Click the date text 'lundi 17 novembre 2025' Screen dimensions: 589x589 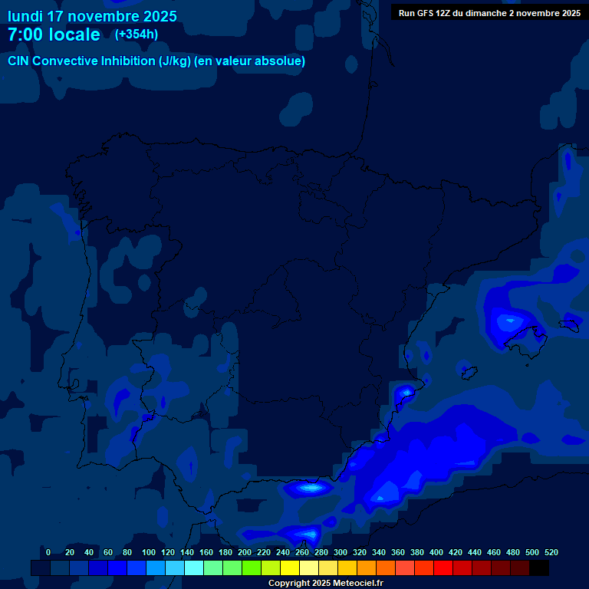coord(92,16)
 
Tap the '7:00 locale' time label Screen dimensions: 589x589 coord(54,35)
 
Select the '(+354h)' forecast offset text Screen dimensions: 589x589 coord(137,35)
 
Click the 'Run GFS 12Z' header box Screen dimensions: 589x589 coord(489,12)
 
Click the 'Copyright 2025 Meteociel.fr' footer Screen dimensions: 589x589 coord(325,583)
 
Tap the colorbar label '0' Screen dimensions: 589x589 coord(48,552)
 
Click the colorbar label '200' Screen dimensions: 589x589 coord(245,552)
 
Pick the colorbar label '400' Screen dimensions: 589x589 coord(436,552)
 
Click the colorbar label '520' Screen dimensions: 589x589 coord(551,552)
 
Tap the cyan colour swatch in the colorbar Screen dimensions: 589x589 coord(194,568)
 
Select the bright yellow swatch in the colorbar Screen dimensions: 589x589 coord(290,568)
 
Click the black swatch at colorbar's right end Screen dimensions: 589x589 coord(539,568)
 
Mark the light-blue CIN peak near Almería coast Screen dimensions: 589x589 coord(311,487)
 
